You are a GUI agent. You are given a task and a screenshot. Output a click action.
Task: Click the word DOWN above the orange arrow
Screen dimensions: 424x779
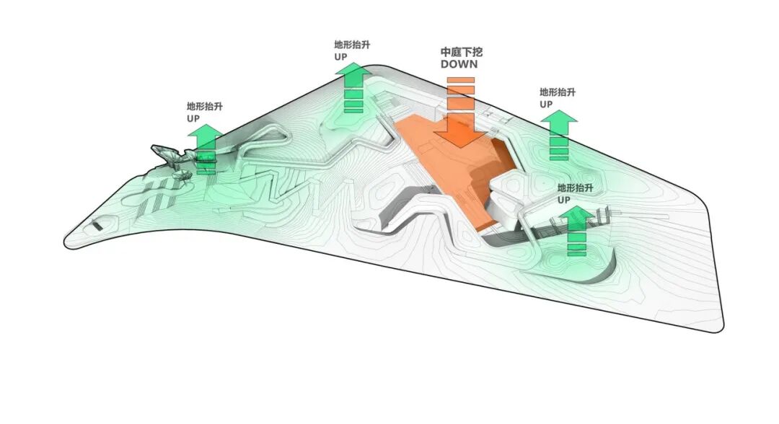point(459,65)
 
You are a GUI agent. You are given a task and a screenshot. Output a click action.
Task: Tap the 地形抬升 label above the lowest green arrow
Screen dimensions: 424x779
point(576,187)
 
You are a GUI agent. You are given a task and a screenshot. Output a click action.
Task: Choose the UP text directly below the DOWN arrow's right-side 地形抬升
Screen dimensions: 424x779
point(546,104)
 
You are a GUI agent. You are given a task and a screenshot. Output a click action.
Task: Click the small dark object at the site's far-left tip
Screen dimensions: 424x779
point(97,226)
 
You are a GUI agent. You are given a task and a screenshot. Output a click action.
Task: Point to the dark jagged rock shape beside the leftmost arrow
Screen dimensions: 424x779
point(170,154)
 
